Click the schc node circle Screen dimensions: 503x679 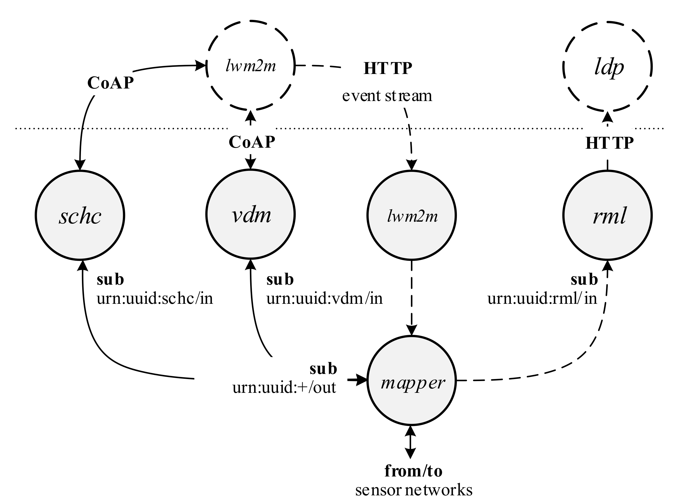click(x=80, y=215)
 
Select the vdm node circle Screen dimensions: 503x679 click(x=250, y=215)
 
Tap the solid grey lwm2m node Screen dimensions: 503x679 click(x=411, y=215)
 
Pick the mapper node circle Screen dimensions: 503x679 click(x=411, y=381)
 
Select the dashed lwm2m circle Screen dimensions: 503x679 click(x=250, y=66)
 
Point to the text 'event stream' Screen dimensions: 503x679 click(x=387, y=96)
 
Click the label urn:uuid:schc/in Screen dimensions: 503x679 click(x=154, y=298)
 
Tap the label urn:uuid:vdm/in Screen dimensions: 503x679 click(x=324, y=298)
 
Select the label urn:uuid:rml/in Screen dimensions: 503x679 click(x=542, y=298)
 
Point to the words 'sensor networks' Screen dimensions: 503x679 click(x=414, y=490)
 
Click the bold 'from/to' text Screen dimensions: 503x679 click(x=413, y=471)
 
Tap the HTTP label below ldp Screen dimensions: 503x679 click(x=609, y=143)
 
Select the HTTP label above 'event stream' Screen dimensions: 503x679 click(x=387, y=68)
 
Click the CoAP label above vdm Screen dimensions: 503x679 click(x=252, y=142)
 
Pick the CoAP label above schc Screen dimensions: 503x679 click(x=110, y=83)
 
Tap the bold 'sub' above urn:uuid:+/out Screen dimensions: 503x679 click(x=323, y=369)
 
